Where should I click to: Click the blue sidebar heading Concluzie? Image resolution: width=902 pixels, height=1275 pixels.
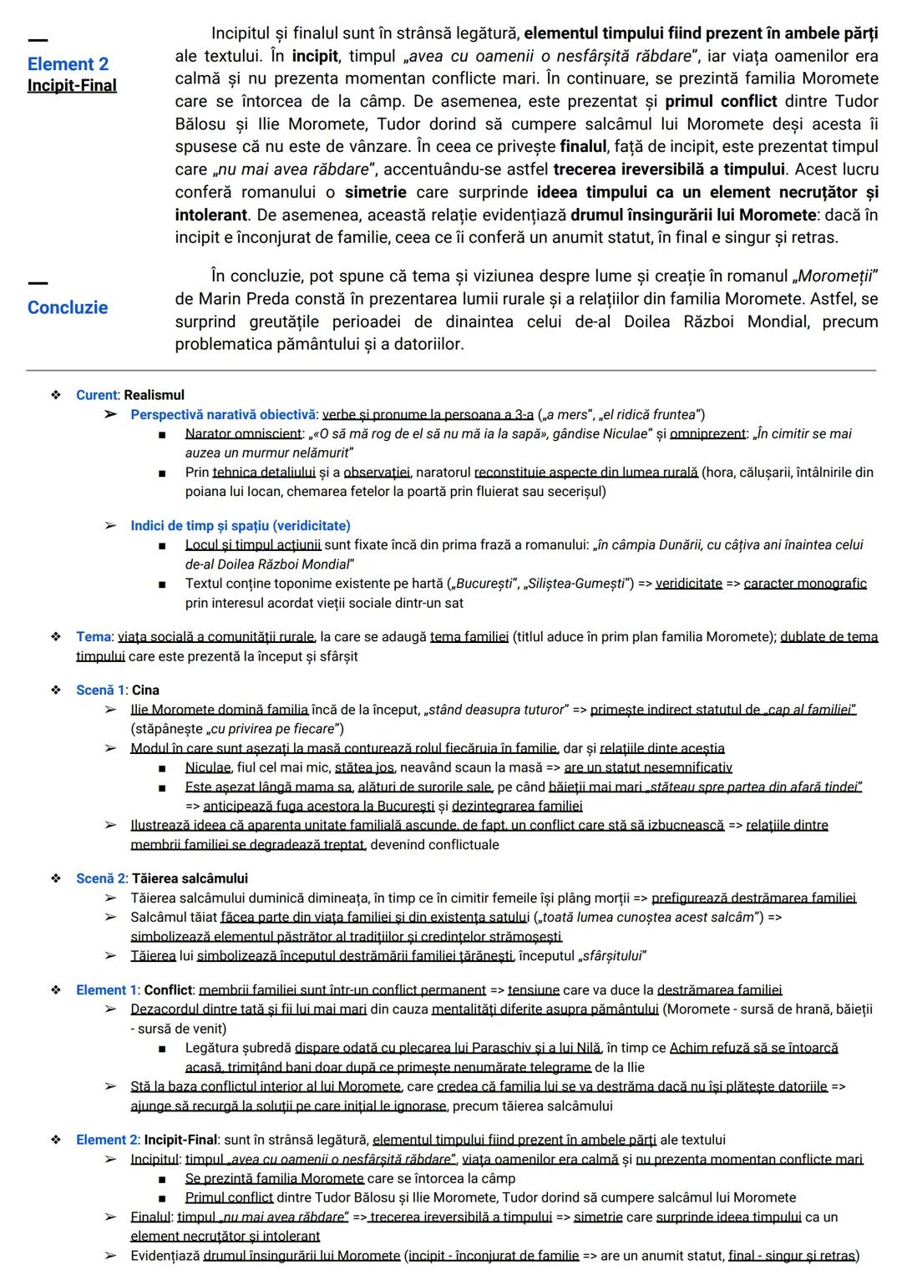coord(68,307)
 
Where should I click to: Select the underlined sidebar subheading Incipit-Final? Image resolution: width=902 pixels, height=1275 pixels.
coord(72,85)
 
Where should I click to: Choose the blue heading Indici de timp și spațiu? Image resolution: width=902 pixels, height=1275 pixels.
coord(240,525)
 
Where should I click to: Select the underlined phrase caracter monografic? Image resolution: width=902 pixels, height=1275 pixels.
coord(805,584)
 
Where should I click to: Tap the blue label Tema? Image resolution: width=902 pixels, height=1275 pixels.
coord(93,636)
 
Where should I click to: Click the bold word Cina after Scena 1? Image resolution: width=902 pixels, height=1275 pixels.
coord(145,690)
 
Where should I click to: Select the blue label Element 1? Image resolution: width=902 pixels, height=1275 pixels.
coord(106,989)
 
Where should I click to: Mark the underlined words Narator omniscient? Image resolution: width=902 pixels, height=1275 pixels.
coord(243,433)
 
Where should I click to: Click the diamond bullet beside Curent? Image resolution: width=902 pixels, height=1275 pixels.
coord(56,395)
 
